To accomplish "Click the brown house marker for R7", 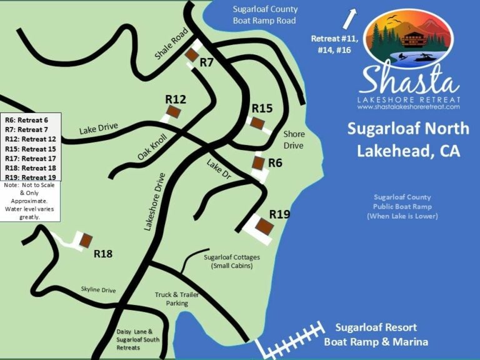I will click(191, 55).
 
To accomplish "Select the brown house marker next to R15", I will click(256, 122).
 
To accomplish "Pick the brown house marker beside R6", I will click(257, 162).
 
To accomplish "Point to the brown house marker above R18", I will click(85, 240).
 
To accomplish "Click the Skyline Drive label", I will click(99, 290).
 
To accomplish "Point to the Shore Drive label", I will click(293, 139).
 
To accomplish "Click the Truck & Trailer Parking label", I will click(172, 299).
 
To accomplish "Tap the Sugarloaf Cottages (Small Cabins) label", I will click(232, 261).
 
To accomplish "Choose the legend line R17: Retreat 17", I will click(30, 159).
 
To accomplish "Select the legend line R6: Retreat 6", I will click(26, 119).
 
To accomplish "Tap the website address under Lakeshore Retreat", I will click(409, 107).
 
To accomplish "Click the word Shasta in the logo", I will click(409, 80).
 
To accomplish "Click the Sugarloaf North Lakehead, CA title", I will click(408, 139).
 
